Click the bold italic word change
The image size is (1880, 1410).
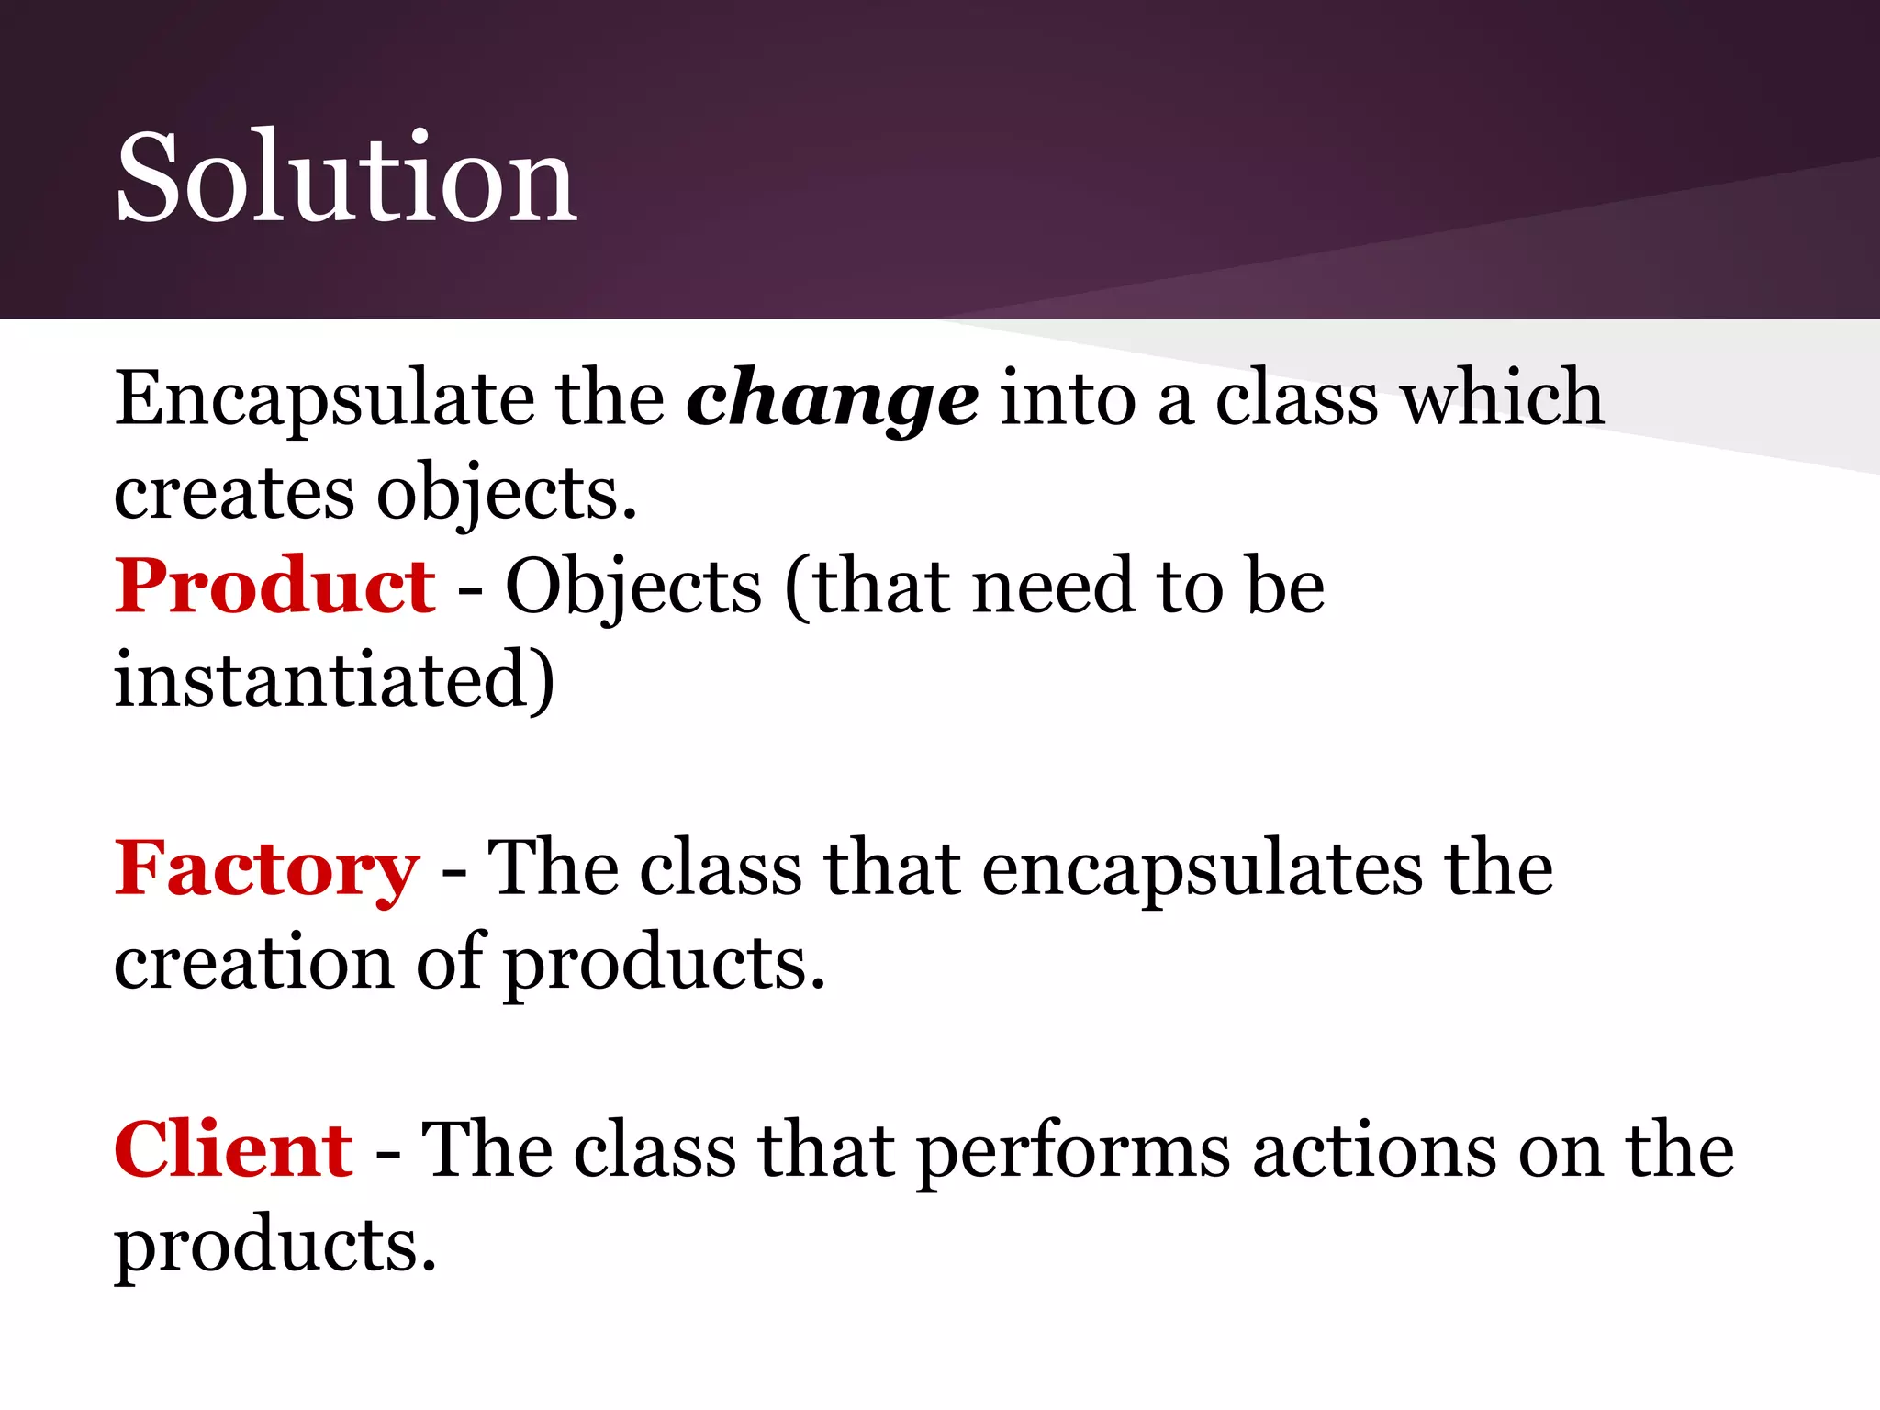click(832, 400)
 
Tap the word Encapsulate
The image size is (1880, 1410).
click(324, 400)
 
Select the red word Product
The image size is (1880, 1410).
click(274, 587)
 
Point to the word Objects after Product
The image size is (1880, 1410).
click(632, 588)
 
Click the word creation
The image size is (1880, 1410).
click(252, 963)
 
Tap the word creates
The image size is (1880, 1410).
click(233, 495)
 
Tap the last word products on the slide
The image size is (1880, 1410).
click(274, 1248)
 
